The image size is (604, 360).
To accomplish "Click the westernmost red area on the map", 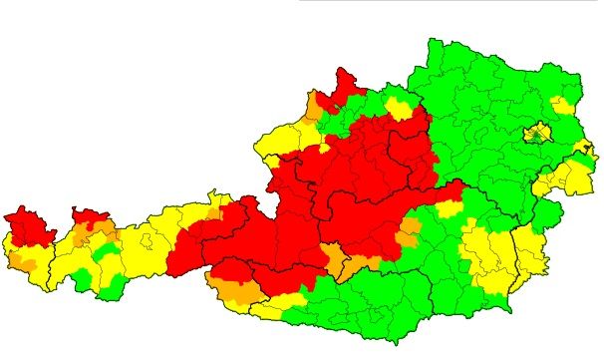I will [x=29, y=227].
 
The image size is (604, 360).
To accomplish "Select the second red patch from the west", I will [x=90, y=216].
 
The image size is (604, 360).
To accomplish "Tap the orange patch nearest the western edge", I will [x=23, y=262].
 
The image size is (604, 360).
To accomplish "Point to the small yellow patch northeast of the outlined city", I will [x=563, y=104].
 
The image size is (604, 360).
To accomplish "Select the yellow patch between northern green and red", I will [x=399, y=108].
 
